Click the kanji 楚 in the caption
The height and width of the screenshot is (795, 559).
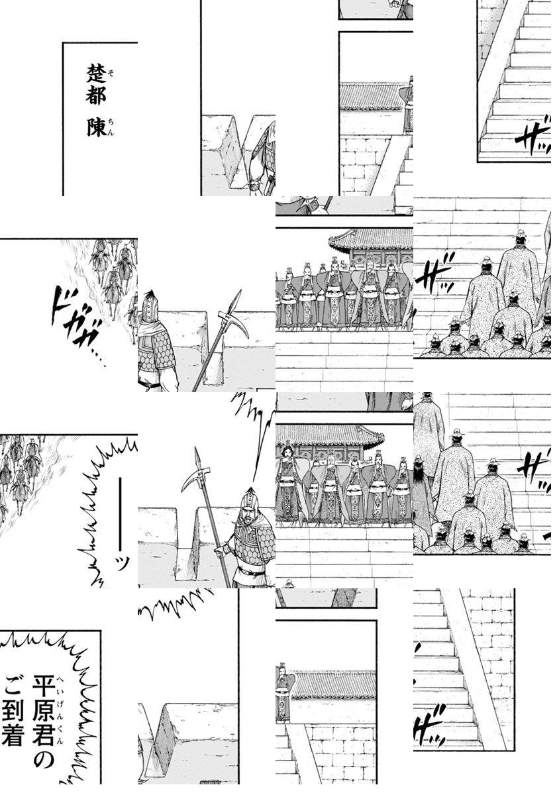click(x=96, y=72)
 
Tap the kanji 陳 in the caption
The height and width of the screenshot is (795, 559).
click(x=96, y=127)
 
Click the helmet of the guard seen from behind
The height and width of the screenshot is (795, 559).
click(x=150, y=309)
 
